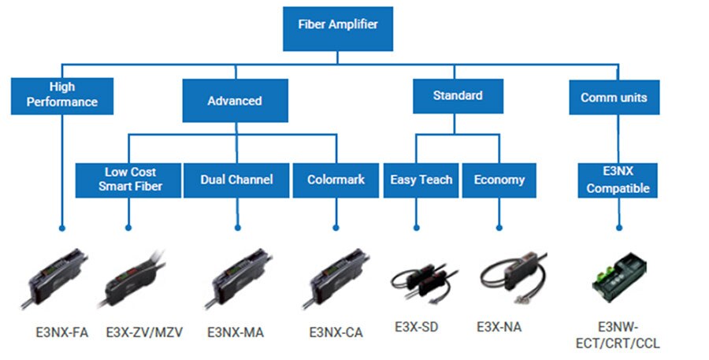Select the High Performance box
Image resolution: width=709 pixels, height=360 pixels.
click(62, 95)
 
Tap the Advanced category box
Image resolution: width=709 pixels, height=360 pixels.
click(235, 101)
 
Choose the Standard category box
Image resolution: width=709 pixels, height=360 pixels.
click(458, 96)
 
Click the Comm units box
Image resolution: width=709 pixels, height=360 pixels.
click(614, 98)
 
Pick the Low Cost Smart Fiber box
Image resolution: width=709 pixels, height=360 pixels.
click(130, 179)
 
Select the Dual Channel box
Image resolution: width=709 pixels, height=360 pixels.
click(236, 180)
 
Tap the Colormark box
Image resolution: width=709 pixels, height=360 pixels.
click(336, 180)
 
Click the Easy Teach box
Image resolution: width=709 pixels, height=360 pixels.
click(421, 180)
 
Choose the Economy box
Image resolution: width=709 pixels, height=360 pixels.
click(499, 180)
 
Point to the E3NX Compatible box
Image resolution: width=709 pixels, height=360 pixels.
click(618, 180)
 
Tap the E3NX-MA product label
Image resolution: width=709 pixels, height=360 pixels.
click(236, 332)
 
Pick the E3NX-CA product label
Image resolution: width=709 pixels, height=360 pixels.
click(336, 332)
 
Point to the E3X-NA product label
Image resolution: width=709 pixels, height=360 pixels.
click(499, 325)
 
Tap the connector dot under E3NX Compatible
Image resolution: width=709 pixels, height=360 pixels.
click(619, 228)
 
